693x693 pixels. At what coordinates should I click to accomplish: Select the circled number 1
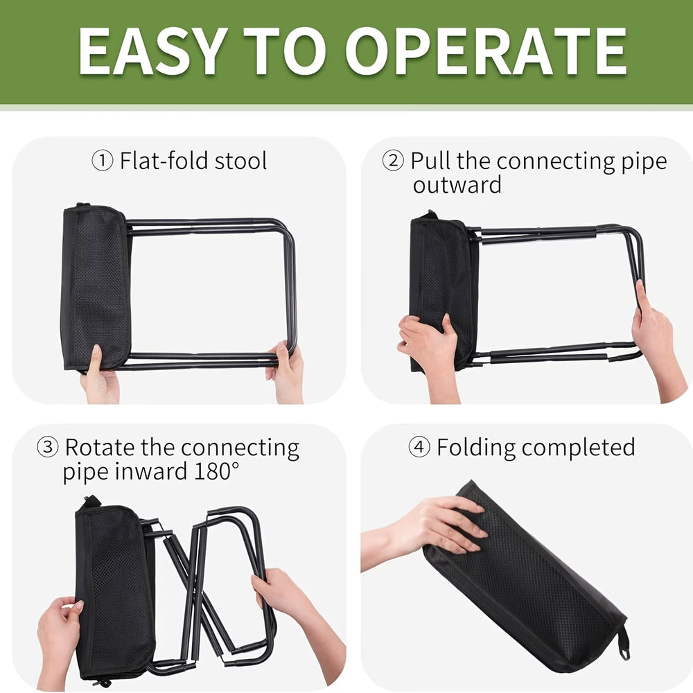pos(102,161)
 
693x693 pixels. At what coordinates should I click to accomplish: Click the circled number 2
pos(393,161)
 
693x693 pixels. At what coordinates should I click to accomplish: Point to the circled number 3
pos(47,448)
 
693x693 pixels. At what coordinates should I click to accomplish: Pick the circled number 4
pos(419,448)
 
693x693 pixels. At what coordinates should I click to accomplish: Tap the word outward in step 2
pos(457,185)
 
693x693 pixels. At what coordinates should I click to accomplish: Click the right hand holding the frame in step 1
pos(286,371)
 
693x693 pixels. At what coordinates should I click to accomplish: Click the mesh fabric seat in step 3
pos(114,589)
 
